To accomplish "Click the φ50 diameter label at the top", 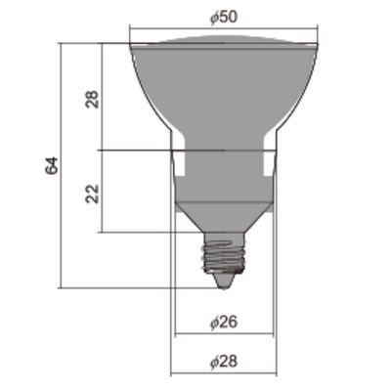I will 224,19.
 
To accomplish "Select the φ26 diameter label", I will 224,322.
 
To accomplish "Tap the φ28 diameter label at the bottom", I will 224,361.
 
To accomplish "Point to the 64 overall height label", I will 51,165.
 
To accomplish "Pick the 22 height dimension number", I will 93,192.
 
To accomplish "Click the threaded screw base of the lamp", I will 223,256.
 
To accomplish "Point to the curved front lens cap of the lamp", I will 224,40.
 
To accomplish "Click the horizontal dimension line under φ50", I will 224,29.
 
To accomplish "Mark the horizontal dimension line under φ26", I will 224,333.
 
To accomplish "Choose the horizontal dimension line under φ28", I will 224,373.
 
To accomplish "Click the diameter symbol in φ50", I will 215,19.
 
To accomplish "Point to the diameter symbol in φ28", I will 215,361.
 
